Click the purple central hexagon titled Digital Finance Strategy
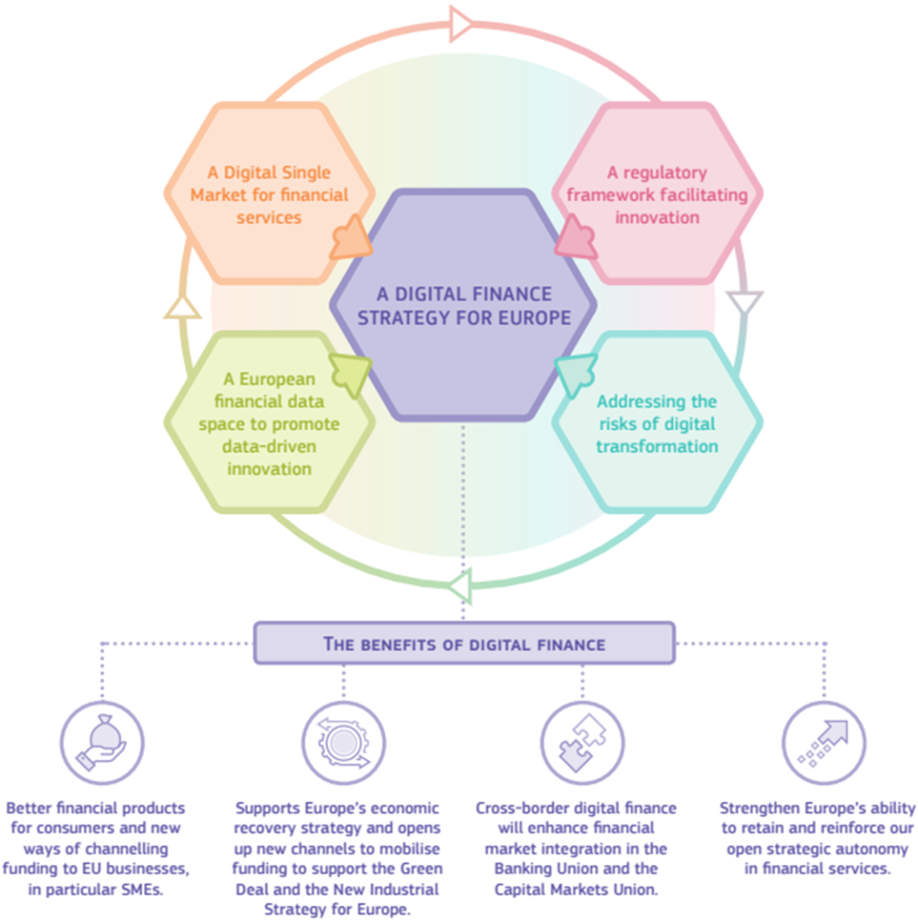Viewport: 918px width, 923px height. pos(463,306)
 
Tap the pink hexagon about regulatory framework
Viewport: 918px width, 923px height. pos(656,194)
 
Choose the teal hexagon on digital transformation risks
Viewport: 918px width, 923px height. pos(656,424)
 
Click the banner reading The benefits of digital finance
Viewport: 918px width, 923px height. pos(464,644)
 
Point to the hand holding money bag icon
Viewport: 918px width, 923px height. pos(102,744)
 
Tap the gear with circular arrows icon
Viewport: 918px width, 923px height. pos(344,744)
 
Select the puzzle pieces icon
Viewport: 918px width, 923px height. pos(583,744)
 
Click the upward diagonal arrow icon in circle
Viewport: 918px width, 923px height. pos(823,744)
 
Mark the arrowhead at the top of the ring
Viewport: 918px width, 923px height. pos(461,23)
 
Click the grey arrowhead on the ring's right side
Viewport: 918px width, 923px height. pos(744,304)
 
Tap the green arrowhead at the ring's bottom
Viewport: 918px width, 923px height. pos(460,588)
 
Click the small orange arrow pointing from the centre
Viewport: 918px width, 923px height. pos(351,238)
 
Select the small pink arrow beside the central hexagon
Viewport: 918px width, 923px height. pos(575,238)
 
